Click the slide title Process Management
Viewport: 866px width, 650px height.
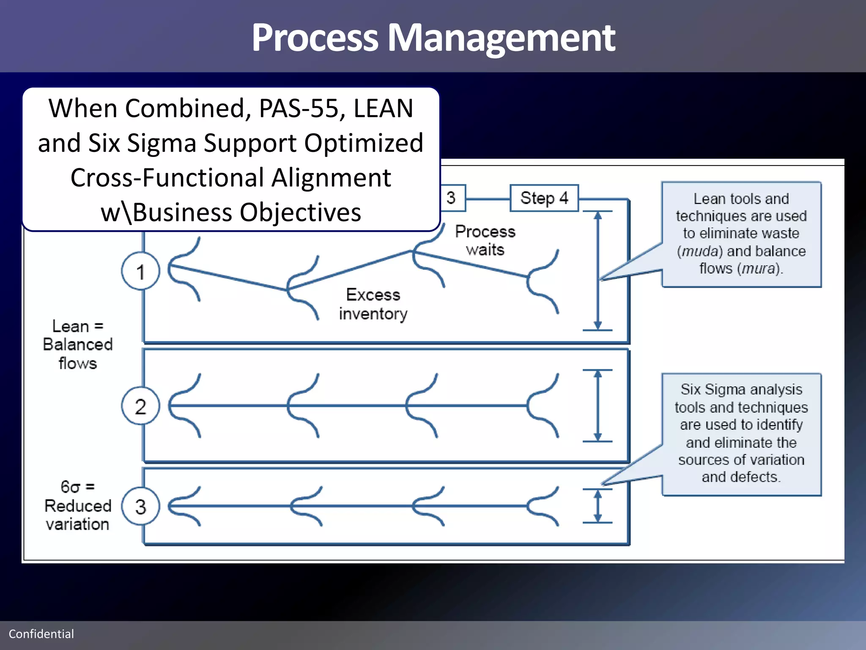(x=433, y=38)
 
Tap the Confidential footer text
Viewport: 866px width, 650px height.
(x=41, y=633)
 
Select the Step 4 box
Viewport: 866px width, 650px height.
(x=544, y=198)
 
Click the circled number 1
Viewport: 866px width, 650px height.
(x=140, y=271)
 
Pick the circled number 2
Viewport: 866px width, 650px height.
(x=140, y=406)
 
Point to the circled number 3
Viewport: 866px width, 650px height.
(x=140, y=507)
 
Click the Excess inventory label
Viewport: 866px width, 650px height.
(x=373, y=304)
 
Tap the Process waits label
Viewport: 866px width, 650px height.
(x=485, y=240)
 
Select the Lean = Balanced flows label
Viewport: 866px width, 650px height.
(x=78, y=344)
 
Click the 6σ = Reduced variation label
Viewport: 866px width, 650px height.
(x=78, y=505)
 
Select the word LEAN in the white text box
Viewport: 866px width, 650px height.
(x=383, y=108)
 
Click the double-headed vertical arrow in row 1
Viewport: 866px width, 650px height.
(x=597, y=270)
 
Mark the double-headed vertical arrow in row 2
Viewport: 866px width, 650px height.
(x=597, y=405)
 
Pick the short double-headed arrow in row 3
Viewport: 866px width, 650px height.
(x=597, y=506)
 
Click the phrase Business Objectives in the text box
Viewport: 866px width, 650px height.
(x=247, y=212)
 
